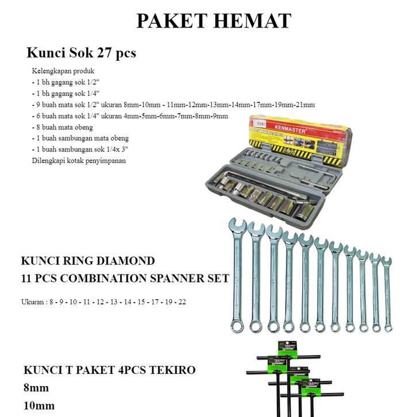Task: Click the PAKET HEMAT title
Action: tap(214, 21)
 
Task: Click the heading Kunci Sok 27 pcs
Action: tap(81, 53)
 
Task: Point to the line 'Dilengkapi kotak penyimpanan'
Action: tap(79, 160)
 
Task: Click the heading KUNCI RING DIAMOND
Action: tap(88, 261)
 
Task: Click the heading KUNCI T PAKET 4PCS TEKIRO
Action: tap(110, 370)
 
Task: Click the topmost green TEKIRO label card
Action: tap(287, 348)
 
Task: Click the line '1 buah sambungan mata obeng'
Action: tap(80, 138)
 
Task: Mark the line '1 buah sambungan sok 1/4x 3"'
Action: tap(79, 149)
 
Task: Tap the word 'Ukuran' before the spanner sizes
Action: tap(32, 302)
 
